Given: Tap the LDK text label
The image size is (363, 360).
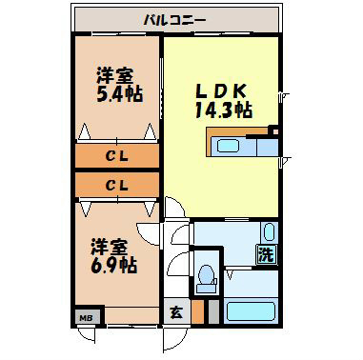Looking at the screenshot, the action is click(222, 90).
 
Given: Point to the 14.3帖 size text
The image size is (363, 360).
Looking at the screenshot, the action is click(224, 110).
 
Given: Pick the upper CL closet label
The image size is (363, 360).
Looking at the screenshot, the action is click(117, 154).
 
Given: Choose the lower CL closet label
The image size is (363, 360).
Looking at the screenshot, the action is click(117, 184).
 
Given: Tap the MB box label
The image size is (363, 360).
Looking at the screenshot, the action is click(85, 317).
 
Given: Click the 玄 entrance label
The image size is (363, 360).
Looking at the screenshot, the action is click(176, 311).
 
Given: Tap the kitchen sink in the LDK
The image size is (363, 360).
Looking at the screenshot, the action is click(229, 145).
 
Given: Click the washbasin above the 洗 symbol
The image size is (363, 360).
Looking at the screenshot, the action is click(268, 232).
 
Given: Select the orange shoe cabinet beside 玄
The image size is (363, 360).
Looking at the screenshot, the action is click(197, 310).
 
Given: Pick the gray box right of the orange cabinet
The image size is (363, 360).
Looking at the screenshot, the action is click(212, 310).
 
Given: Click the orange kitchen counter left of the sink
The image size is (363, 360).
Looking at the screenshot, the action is click(208, 145).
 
